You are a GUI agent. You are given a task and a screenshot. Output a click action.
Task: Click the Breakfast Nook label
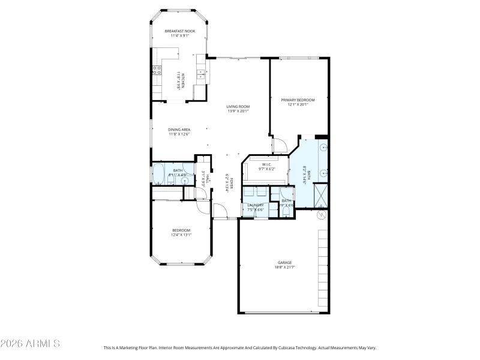coord(180,31)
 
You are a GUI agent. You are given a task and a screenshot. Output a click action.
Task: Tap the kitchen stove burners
coord(157,71)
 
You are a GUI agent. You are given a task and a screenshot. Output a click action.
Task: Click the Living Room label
coord(238,106)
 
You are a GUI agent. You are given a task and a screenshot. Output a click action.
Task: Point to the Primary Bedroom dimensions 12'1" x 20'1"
coord(298,104)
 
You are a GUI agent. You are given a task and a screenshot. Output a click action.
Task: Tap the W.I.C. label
coord(266,164)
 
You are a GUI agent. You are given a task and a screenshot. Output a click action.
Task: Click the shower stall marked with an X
coord(320,193)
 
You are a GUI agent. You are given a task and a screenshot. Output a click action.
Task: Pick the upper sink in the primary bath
coord(324,147)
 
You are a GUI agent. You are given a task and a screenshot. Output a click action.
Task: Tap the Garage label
coord(284,262)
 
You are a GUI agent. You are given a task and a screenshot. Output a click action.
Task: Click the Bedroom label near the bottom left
coord(181,230)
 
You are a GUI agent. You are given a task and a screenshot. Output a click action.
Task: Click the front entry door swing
coord(220,211)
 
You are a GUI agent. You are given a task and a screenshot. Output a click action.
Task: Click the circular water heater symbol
coord(320,214)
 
